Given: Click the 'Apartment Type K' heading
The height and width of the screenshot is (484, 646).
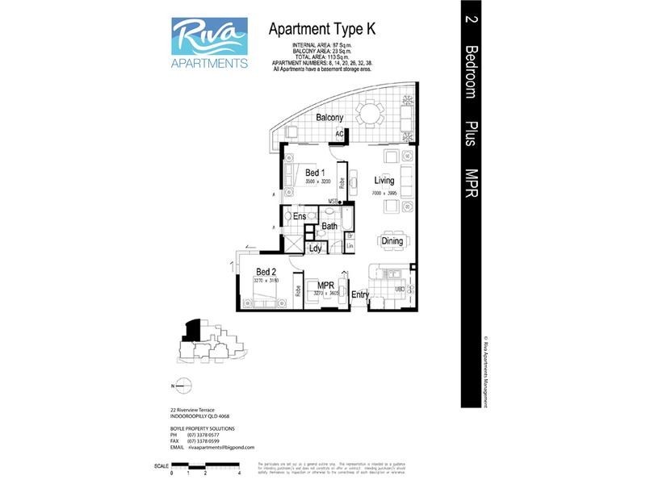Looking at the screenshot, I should [x=321, y=28].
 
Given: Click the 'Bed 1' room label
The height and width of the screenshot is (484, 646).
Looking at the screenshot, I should [x=315, y=172].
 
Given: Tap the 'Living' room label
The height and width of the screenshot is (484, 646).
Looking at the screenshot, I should [x=384, y=181].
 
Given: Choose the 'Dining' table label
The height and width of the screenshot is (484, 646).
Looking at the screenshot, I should [x=392, y=241].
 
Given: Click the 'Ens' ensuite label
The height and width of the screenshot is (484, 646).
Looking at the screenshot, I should [x=299, y=216].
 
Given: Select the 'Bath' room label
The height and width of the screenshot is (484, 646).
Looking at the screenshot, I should [x=329, y=227].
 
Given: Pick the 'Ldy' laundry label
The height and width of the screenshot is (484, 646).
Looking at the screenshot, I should [x=316, y=248].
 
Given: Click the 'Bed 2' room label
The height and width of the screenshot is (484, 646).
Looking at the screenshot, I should [x=266, y=272].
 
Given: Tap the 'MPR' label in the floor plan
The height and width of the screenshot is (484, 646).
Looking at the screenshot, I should [x=326, y=286].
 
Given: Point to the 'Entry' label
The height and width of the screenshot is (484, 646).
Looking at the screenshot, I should [x=359, y=295].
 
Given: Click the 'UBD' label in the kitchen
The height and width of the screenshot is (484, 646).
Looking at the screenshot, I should [x=399, y=289].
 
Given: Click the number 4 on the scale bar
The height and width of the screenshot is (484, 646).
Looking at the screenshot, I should [x=241, y=474].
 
